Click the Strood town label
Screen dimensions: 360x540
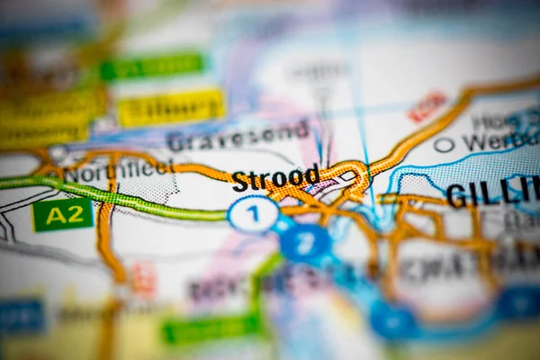pos(275,178)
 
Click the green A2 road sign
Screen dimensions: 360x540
pos(62,215)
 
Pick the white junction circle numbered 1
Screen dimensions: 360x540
pos(253,214)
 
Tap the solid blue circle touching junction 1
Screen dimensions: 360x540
pos(304,242)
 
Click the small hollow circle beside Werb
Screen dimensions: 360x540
pos(444,144)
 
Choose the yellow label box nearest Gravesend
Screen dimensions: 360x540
pos(171,108)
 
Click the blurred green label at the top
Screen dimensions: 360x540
pos(152,66)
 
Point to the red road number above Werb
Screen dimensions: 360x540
pos(426,106)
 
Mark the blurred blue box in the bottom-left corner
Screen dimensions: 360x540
pos(20,316)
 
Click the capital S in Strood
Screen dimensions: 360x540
pos(239,182)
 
